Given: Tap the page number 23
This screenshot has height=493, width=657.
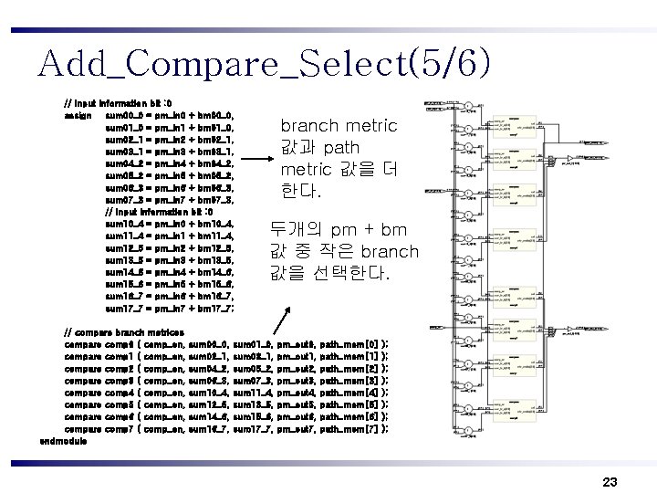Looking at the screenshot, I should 610,480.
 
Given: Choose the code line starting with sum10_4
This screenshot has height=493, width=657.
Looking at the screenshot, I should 170,223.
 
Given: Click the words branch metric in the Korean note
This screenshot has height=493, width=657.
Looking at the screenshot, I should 338,126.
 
